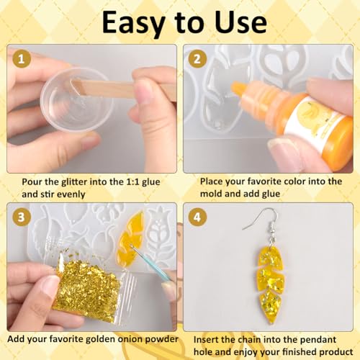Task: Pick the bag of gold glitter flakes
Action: [86, 288]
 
